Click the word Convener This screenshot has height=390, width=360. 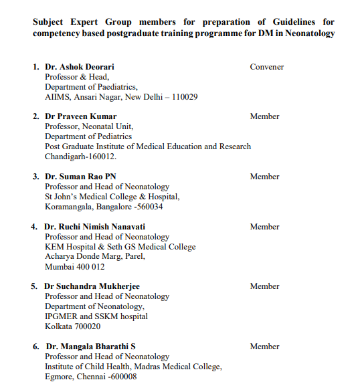click(x=266, y=67)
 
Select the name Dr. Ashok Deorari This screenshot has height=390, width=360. click(x=80, y=67)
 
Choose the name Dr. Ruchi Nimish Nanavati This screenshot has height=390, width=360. click(x=95, y=227)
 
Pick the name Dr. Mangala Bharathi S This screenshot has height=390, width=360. click(x=90, y=347)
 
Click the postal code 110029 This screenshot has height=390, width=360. click(x=182, y=97)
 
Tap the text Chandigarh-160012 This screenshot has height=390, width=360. click(x=80, y=157)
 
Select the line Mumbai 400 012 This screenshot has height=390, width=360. click(x=75, y=266)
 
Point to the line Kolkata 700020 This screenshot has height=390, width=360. click(x=73, y=326)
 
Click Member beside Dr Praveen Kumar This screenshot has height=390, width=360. click(x=264, y=116)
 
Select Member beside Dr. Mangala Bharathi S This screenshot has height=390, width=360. click(x=264, y=347)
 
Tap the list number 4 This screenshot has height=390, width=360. click(x=34, y=227)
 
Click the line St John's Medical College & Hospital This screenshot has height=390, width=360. click(x=112, y=197)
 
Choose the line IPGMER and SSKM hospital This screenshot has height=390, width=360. click(x=96, y=316)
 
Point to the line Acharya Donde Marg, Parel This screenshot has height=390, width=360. click(x=94, y=256)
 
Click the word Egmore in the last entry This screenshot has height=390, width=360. click(x=60, y=377)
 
